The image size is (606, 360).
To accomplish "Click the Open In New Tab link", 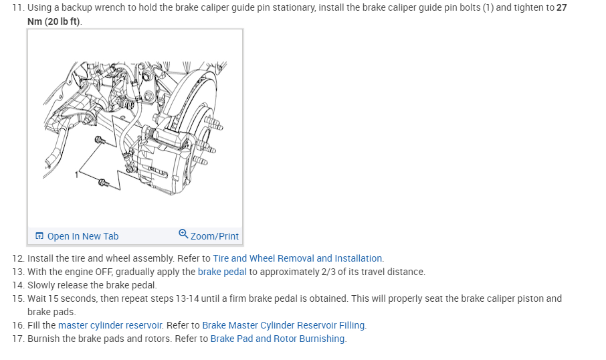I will tap(82, 236).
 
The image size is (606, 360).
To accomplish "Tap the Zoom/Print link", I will tap(214, 236).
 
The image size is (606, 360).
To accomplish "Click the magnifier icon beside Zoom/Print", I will tap(183, 234).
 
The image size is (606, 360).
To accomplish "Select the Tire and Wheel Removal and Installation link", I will tap(298, 258).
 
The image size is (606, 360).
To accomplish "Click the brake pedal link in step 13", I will tap(222, 272).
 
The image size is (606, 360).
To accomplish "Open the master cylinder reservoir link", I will tap(110, 325).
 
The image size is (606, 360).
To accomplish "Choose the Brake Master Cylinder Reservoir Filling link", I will tap(284, 325).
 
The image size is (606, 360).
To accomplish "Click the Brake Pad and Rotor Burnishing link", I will tap(278, 339).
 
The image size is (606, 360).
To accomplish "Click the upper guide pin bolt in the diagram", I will tap(100, 140).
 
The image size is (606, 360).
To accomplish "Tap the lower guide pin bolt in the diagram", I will tap(103, 182).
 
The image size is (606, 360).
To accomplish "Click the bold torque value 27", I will tap(561, 8).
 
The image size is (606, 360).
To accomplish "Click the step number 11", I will tap(17, 8).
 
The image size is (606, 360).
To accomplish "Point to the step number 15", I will tap(17, 298).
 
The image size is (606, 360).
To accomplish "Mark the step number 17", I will tap(17, 339).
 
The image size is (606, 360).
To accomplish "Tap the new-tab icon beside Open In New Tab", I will tap(39, 236).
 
